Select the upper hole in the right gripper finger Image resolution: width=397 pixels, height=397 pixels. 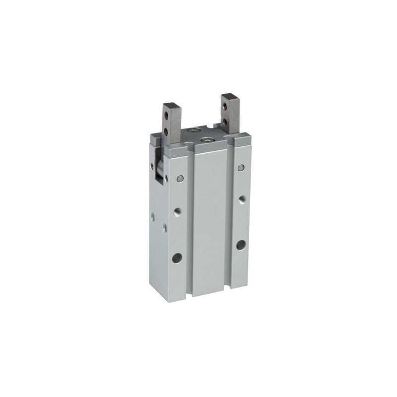coord(226,108)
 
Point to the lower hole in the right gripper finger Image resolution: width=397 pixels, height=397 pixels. coord(226,121)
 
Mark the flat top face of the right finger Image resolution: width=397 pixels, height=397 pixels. coord(230,96)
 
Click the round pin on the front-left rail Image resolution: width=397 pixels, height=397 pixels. coord(180,178)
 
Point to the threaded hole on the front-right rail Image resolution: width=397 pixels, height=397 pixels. coord(241,199)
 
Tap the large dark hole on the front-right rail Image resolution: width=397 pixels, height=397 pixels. coord(241,244)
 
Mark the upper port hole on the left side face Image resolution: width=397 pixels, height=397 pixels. coord(153,216)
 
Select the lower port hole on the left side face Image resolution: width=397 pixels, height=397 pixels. coord(165,227)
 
